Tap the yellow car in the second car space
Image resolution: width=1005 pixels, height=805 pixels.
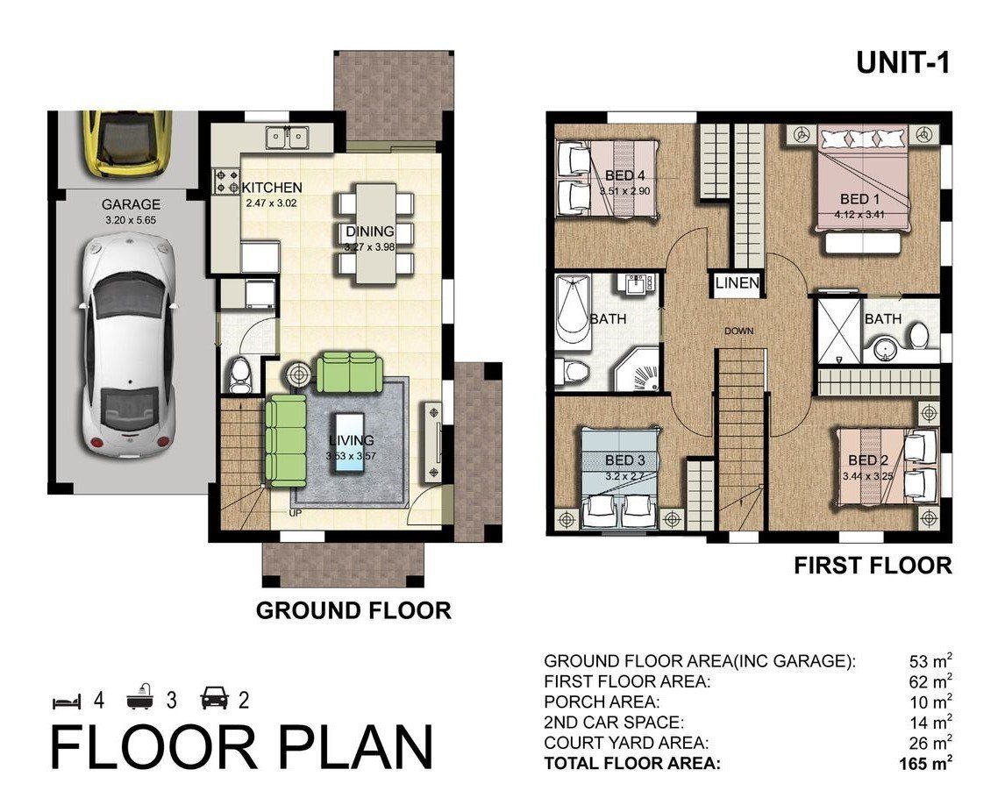pos(128,143)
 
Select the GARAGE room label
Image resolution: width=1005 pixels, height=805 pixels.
pos(131,204)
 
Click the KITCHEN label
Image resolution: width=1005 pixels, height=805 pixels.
pos(272,188)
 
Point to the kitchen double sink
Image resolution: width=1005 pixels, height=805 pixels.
pos(288,137)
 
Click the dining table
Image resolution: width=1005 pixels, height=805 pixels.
pos(375,233)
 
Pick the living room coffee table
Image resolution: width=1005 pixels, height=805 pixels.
pos(347,443)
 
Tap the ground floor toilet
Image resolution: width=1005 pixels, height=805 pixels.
pos(240,375)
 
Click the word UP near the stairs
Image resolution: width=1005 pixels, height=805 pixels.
pos(295,513)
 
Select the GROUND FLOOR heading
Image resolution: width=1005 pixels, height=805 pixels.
pos(353,610)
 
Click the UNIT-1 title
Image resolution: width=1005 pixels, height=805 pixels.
pos(903,63)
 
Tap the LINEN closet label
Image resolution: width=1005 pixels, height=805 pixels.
pos(737,282)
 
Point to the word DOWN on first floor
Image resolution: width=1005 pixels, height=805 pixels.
pos(739,331)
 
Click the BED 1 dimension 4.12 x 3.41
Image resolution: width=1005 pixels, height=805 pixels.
pos(859,215)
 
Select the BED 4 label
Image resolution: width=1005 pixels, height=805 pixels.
pos(624,175)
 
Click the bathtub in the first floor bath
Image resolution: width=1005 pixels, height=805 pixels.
pos(574,310)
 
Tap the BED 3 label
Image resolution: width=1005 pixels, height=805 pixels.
pos(625,461)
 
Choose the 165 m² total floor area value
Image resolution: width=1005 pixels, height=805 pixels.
pos(925,763)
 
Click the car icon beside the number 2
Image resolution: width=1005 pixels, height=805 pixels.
pos(215,699)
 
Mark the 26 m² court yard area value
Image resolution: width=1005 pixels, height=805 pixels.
pos(930,742)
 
